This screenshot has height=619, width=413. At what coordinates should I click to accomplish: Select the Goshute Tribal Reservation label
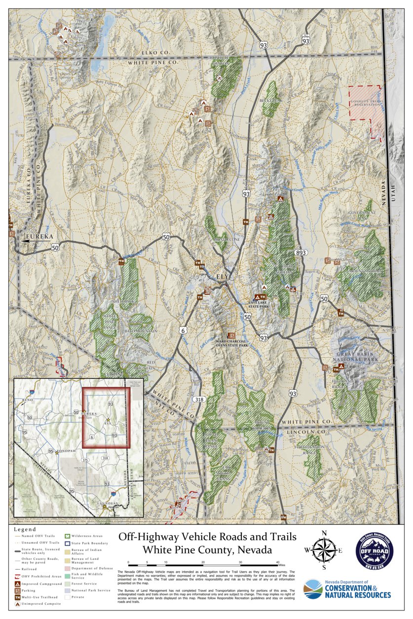(366, 103)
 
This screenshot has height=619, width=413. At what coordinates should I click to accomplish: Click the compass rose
(324, 550)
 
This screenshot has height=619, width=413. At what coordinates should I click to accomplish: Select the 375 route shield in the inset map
(85, 460)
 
